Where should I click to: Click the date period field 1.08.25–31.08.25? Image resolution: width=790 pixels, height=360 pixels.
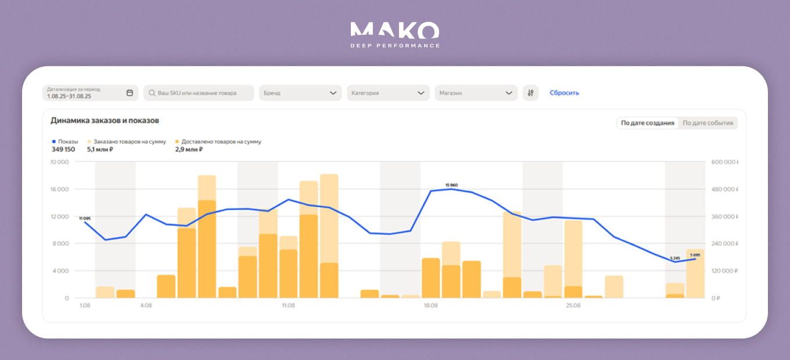point(90,93)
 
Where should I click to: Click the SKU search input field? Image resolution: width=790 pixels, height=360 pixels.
point(199,93)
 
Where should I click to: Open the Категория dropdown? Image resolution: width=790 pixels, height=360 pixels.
point(388,93)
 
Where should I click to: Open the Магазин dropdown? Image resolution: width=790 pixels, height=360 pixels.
point(476,93)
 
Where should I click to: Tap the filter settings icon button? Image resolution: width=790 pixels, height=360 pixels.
point(530,93)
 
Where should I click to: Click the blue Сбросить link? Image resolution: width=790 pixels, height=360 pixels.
point(564,93)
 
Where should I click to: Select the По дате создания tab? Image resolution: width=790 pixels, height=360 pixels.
point(648,123)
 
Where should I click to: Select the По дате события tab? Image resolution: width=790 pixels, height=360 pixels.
point(708,123)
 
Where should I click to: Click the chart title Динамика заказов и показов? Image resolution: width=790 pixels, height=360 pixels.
point(105,121)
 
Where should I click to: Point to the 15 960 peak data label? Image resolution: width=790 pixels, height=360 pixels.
point(451,185)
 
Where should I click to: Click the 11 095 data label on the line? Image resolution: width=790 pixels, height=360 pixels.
point(85,218)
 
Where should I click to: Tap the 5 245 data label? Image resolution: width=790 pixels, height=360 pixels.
point(674,258)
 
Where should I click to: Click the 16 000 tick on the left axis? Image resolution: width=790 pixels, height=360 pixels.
point(60,189)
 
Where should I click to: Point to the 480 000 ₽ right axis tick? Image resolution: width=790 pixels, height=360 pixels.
point(724,189)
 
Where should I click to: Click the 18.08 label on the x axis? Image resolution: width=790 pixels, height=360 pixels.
point(430,305)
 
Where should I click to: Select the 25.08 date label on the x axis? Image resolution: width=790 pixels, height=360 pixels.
point(573,305)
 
